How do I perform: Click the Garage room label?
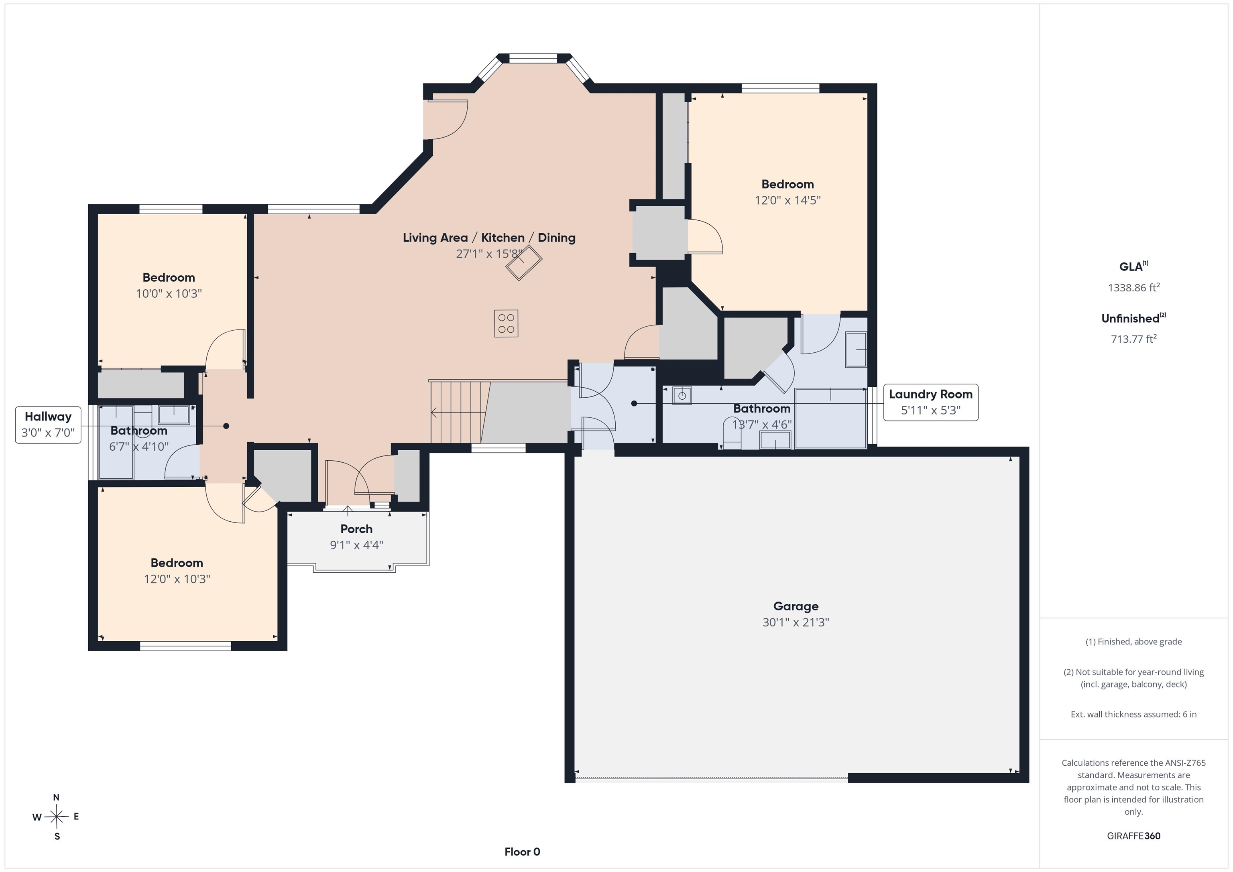(x=796, y=606)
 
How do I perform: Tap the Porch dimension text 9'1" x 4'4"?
(x=356, y=545)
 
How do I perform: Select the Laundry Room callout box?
(x=931, y=402)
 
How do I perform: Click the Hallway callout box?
(x=48, y=425)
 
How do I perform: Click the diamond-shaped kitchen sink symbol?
(x=524, y=262)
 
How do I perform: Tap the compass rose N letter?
(x=56, y=797)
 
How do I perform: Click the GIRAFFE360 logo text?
(x=1133, y=836)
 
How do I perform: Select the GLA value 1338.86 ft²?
(x=1133, y=287)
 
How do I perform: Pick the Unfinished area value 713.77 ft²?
(x=1133, y=339)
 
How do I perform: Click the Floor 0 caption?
(x=522, y=852)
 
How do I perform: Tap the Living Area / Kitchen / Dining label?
(x=489, y=237)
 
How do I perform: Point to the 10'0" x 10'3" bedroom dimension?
(x=169, y=294)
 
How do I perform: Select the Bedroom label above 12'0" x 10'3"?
(x=177, y=563)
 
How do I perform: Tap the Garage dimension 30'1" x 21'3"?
(x=796, y=622)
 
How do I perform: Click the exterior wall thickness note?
(x=1133, y=714)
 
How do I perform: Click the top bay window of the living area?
(x=533, y=58)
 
